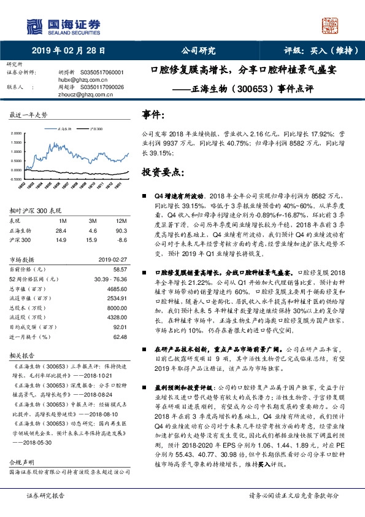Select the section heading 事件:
click(x=153, y=115)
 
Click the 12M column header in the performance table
click(x=120, y=219)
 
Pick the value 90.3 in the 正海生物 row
click(x=121, y=230)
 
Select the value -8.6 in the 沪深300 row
click(x=121, y=240)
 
